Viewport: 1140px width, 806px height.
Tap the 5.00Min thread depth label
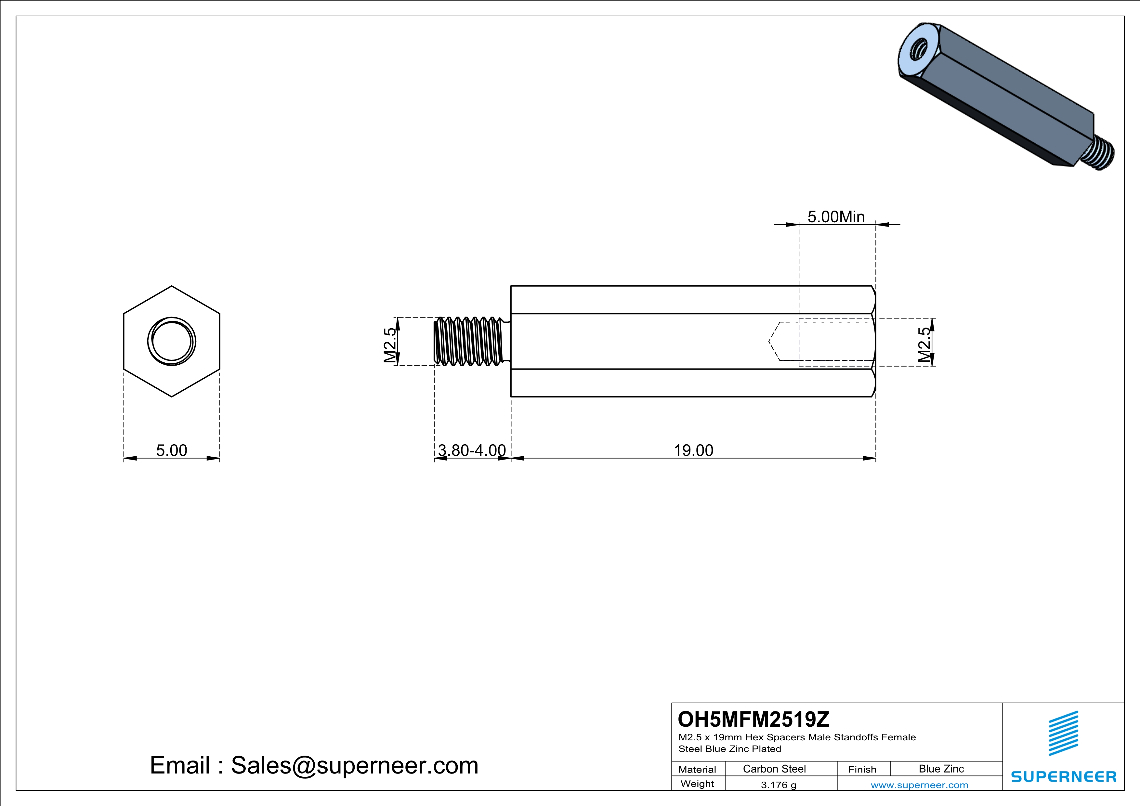point(836,217)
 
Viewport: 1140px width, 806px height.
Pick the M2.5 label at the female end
point(924,344)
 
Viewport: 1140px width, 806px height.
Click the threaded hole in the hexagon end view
point(172,342)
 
